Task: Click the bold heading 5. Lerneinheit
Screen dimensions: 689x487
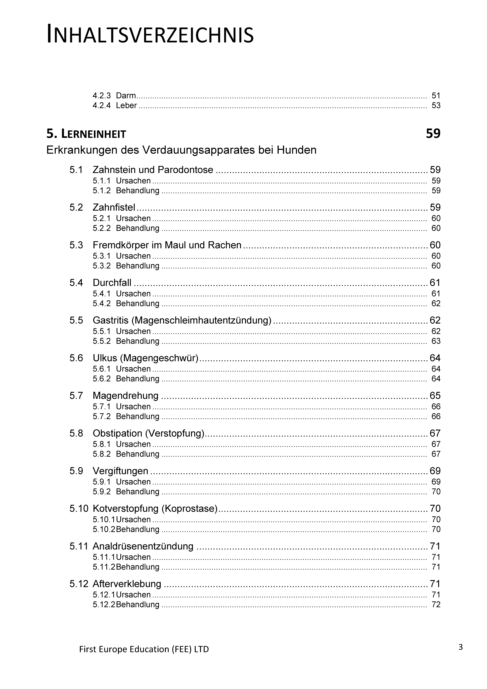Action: coord(86,134)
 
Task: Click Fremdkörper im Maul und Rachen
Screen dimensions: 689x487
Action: coord(167,245)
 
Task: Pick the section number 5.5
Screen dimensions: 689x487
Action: coord(76,320)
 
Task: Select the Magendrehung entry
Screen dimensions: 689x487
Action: coord(126,396)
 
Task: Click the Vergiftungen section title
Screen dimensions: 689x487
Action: coord(120,471)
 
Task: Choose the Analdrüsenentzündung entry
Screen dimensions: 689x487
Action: coord(143,546)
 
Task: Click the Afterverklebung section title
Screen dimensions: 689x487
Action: coord(127,584)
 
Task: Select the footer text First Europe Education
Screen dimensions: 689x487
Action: coord(144,649)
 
